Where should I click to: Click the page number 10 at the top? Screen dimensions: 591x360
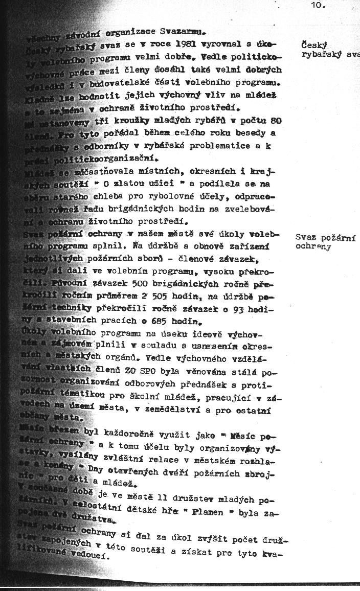(317, 6)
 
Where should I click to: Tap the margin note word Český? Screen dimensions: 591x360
(314, 45)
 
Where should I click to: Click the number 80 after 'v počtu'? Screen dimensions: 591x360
(276, 121)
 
